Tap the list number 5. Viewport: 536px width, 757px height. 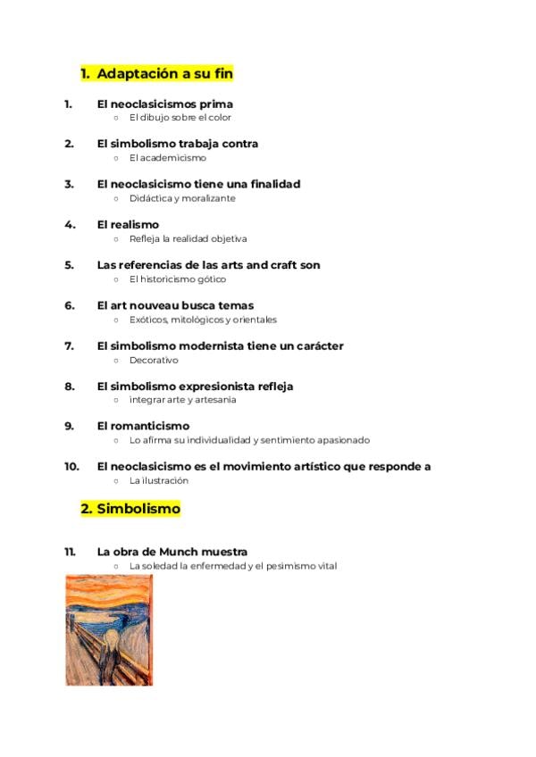[x=69, y=265]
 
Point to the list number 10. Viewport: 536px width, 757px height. [x=71, y=466]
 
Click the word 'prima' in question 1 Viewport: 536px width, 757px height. [x=215, y=104]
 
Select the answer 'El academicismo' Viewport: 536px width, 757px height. [x=167, y=158]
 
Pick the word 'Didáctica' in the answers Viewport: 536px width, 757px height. [x=150, y=198]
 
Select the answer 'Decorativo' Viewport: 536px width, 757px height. [x=154, y=361]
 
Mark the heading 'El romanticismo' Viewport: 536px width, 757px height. [x=143, y=426]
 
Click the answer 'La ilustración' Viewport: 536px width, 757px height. [x=159, y=480]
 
